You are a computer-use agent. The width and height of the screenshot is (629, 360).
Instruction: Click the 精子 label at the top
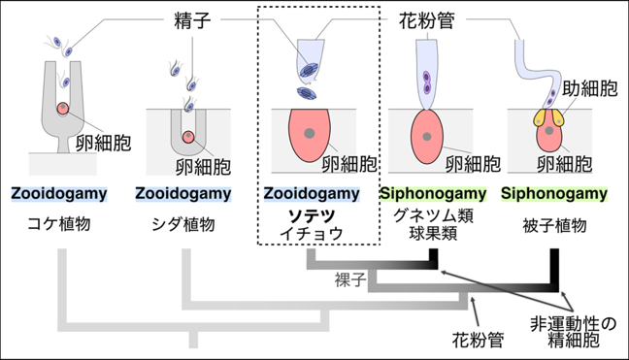pyautogui.click(x=192, y=20)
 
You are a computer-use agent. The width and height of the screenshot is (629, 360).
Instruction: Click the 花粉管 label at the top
pyautogui.click(x=426, y=20)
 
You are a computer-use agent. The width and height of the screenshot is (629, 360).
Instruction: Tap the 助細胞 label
pyautogui.click(x=590, y=88)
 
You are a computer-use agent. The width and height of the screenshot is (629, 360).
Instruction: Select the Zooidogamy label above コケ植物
pyautogui.click(x=59, y=194)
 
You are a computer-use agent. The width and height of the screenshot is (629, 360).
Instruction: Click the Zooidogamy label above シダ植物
pyautogui.click(x=183, y=194)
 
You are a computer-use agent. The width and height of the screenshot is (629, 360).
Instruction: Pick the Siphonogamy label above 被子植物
pyautogui.click(x=554, y=194)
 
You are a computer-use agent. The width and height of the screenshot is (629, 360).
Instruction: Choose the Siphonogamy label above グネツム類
pyautogui.click(x=433, y=194)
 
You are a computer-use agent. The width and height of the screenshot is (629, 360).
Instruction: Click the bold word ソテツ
pyautogui.click(x=312, y=216)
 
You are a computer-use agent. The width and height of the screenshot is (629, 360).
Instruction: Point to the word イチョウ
pyautogui.click(x=312, y=233)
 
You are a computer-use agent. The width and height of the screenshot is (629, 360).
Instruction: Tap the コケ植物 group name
pyautogui.click(x=59, y=224)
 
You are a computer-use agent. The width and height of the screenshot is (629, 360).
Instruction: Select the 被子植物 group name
pyautogui.click(x=554, y=226)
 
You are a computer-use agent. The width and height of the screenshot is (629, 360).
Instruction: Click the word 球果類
pyautogui.click(x=433, y=234)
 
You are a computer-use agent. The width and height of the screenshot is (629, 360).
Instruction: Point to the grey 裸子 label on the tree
pyautogui.click(x=350, y=280)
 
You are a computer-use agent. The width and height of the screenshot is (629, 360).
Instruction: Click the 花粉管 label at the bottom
pyautogui.click(x=478, y=341)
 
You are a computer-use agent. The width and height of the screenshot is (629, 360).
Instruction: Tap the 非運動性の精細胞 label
pyautogui.click(x=574, y=332)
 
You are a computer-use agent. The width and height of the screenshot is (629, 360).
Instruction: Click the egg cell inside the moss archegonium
pyautogui.click(x=63, y=109)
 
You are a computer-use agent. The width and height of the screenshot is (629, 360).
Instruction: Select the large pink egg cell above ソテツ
pyautogui.click(x=310, y=135)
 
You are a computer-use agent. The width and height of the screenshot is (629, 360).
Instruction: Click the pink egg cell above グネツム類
pyautogui.click(x=427, y=137)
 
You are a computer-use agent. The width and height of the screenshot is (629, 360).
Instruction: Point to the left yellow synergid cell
pyautogui.click(x=540, y=117)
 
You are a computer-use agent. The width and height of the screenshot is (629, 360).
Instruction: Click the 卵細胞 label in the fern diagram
pyautogui.click(x=204, y=167)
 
